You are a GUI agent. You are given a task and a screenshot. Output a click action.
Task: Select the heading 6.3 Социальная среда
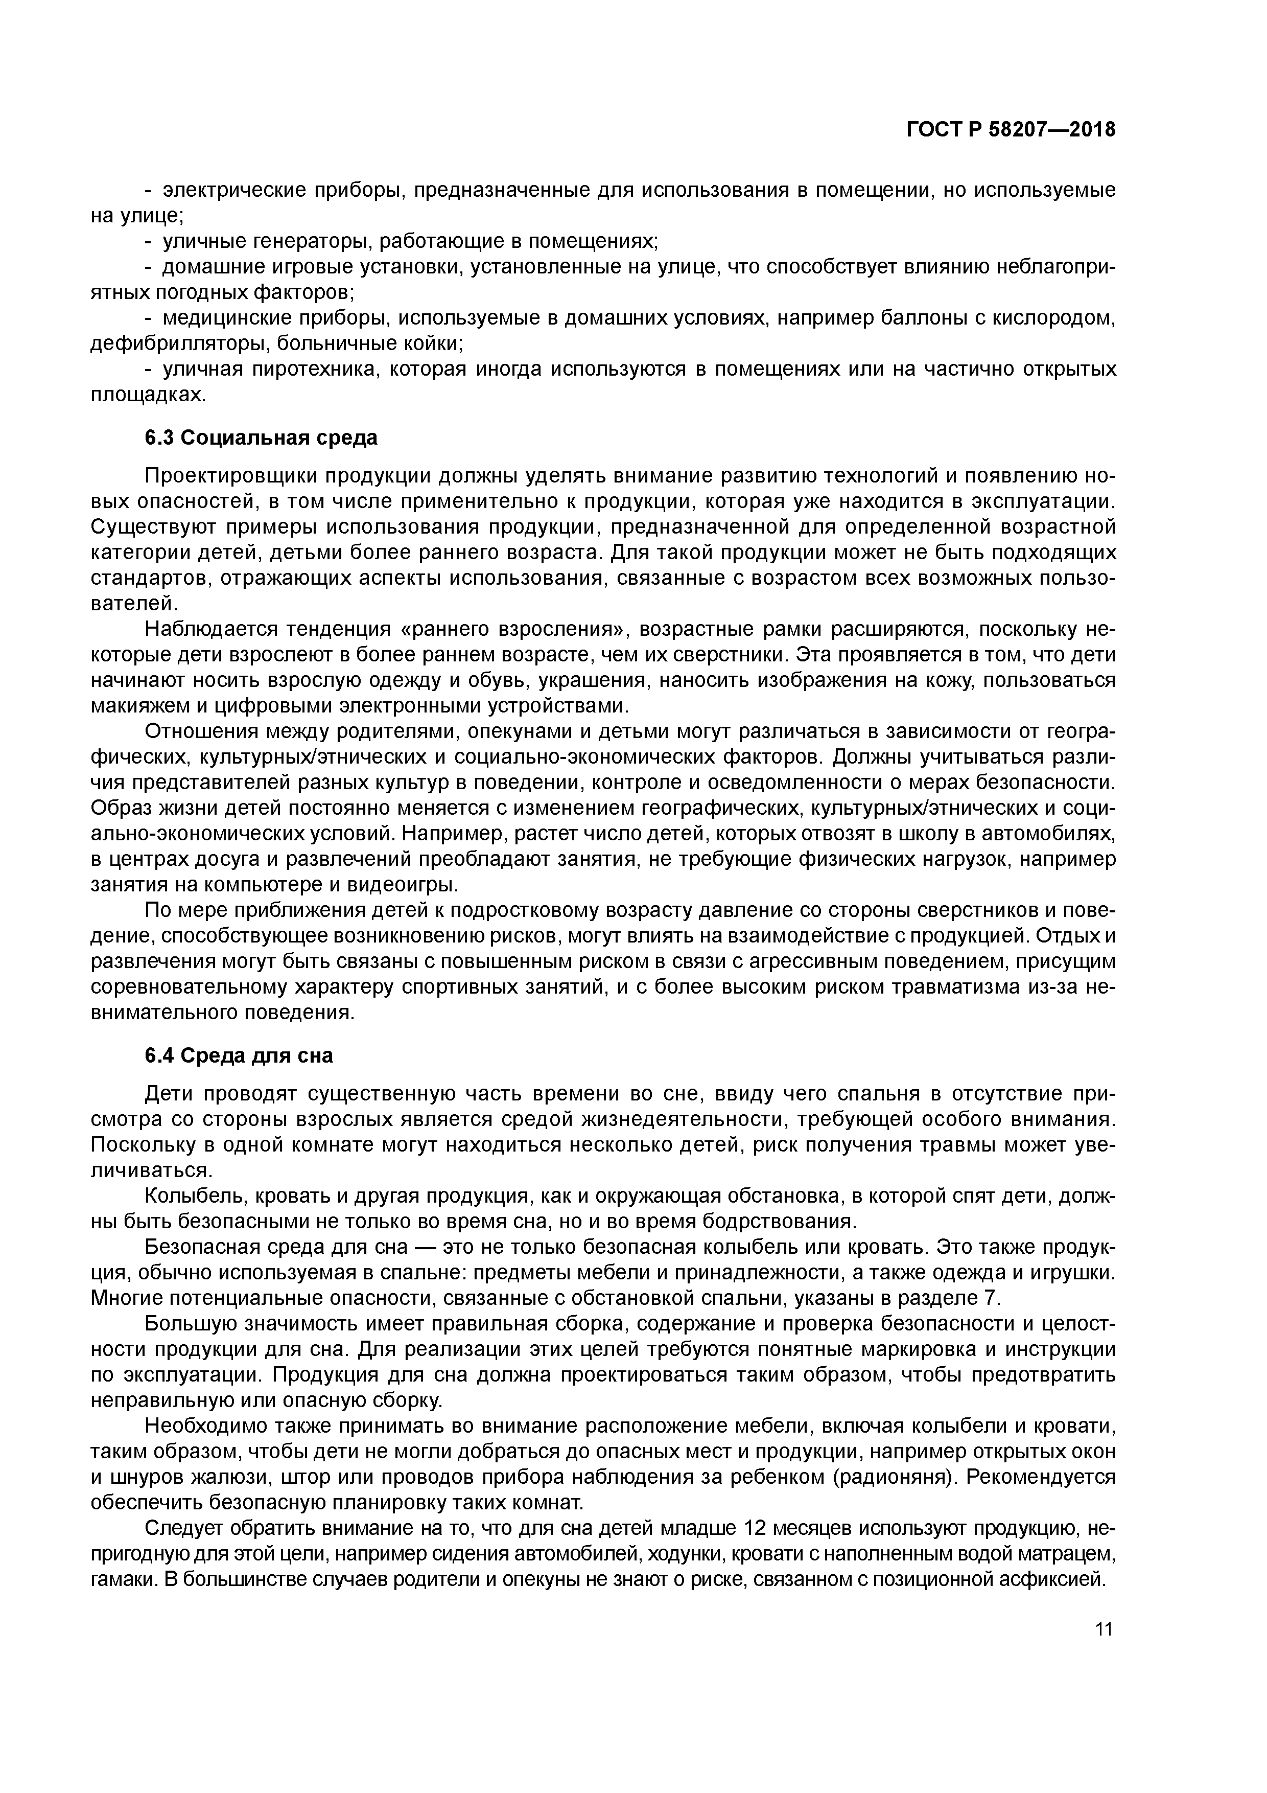(261, 438)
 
